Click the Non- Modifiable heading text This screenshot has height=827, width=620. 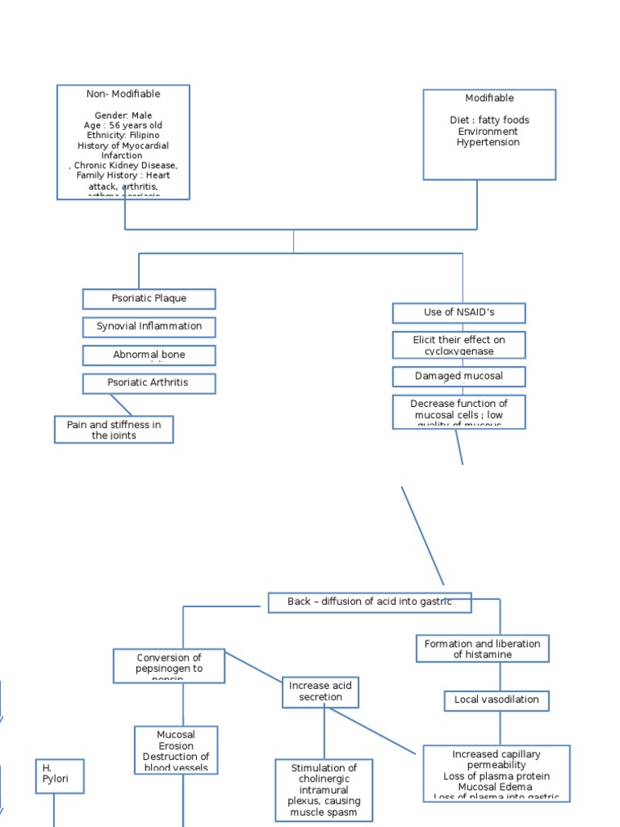124,94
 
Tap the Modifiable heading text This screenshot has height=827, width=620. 489,99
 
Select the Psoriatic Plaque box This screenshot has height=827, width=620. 149,299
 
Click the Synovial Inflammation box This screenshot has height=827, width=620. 149,326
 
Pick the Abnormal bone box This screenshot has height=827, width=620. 149,355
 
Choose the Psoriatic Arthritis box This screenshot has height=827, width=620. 149,383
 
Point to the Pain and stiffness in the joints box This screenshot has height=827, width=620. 114,430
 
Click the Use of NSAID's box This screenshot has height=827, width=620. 459,313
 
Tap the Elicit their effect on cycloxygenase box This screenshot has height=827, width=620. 459,345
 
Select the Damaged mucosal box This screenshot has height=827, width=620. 459,376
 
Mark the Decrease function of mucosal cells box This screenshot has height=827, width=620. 459,412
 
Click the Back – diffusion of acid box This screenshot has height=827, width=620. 369,602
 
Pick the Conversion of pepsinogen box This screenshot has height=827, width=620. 169,665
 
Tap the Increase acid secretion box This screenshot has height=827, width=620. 320,692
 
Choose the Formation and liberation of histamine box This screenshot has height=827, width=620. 483,649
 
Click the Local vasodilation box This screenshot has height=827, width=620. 496,700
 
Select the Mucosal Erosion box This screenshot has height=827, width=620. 176,749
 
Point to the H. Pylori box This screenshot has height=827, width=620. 59,776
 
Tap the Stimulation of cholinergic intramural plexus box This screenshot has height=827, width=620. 324,790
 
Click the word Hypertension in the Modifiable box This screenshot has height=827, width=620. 488,143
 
